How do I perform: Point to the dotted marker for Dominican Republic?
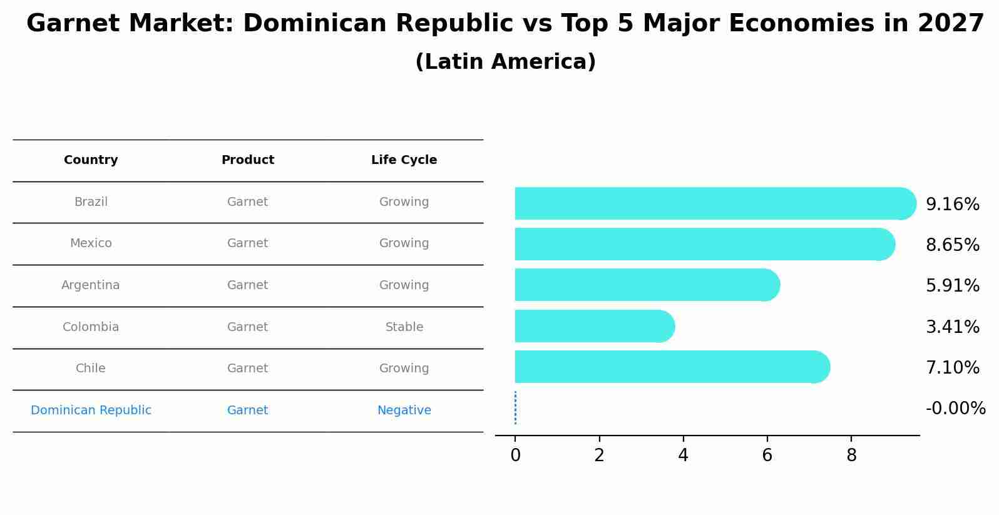tap(515, 408)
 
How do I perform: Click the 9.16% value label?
tap(952, 205)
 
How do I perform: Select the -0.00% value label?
tap(955, 409)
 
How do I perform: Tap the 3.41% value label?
tap(952, 327)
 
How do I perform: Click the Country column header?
tap(91, 160)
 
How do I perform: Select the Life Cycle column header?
tap(404, 160)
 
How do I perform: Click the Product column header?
tap(247, 160)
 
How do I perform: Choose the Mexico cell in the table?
tap(91, 243)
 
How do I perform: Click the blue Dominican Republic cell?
tap(91, 410)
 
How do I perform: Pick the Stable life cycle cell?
tap(404, 327)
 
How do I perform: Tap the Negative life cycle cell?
tap(404, 410)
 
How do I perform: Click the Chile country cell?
tap(91, 369)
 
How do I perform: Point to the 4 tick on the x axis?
tap(683, 456)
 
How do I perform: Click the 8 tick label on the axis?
tap(851, 456)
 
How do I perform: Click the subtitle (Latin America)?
tap(505, 62)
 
